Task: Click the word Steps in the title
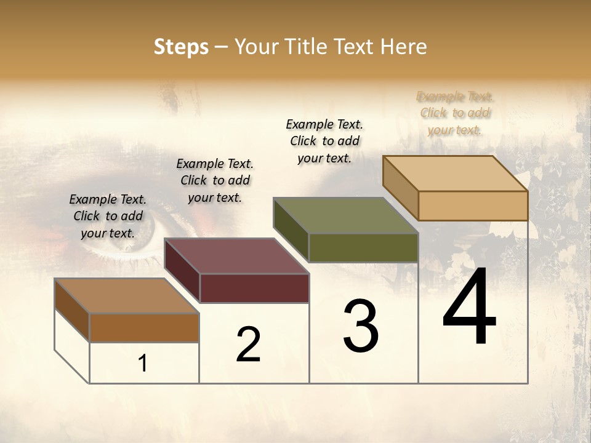(x=180, y=47)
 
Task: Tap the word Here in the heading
(x=403, y=47)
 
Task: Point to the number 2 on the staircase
(x=249, y=345)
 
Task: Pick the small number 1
(x=143, y=363)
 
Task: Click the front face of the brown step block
(x=144, y=327)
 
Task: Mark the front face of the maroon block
(x=254, y=288)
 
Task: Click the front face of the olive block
(x=363, y=247)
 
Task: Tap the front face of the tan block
(x=473, y=206)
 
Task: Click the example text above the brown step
(x=108, y=216)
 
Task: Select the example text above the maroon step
(x=215, y=180)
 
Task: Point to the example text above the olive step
(x=324, y=141)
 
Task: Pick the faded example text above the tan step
(x=455, y=113)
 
